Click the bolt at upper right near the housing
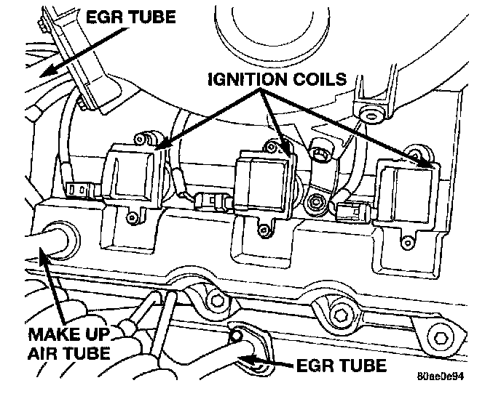(372, 112)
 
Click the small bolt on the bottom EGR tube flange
(235, 335)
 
